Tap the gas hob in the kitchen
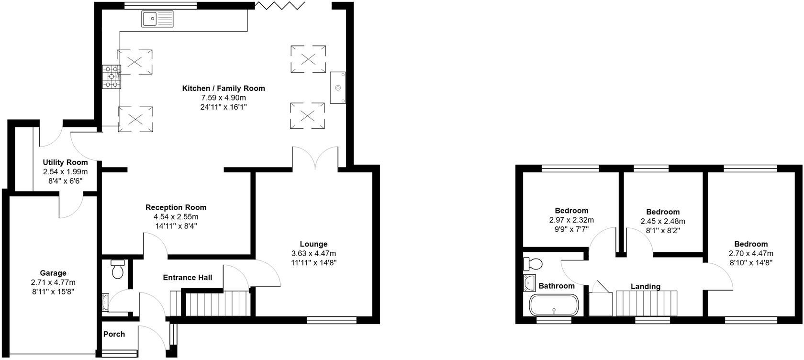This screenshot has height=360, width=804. [112, 77]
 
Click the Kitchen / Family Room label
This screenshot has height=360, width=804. [223, 89]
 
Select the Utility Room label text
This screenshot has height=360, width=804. [65, 163]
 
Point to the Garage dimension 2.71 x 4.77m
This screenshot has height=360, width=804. [53, 282]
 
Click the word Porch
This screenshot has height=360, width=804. [114, 334]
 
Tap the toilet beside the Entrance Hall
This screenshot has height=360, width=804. [117, 270]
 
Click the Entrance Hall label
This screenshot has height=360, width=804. [187, 278]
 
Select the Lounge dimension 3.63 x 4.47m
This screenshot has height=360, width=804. [313, 253]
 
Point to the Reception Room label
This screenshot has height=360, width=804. [176, 207]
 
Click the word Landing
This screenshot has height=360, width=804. [645, 287]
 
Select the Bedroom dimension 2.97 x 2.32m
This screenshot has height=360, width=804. [571, 220]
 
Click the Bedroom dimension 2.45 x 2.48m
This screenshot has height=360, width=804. [663, 221]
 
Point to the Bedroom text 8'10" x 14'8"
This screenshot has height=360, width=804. [751, 262]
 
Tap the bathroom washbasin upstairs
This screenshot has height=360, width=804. [529, 283]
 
